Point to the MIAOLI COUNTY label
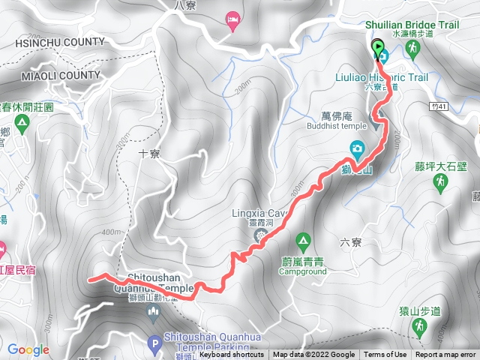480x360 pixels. coord(49,75)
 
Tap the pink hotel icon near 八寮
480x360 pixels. coord(232,22)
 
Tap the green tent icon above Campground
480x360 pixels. coord(303,241)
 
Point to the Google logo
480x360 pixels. coord(28,349)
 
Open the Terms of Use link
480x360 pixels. coord(385,355)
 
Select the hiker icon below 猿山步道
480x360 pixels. coord(421,326)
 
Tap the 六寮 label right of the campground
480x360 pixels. coord(350,241)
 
